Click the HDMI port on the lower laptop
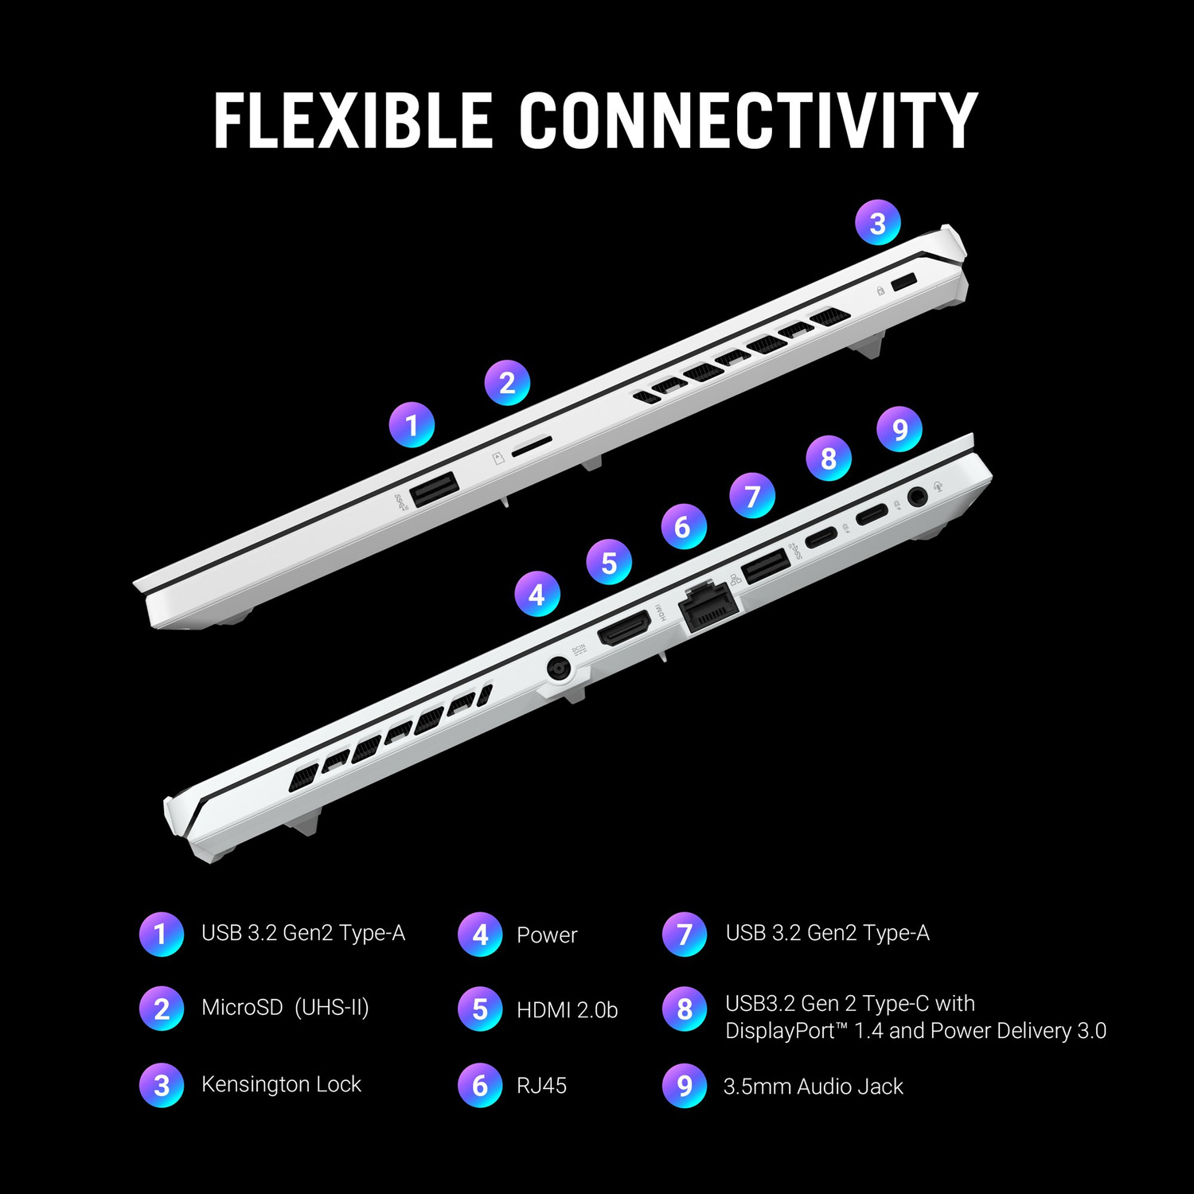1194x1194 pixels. pyautogui.click(x=624, y=628)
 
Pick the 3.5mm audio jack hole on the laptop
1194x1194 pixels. pyautogui.click(x=918, y=497)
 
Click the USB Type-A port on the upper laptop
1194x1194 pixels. pyautogui.click(x=434, y=489)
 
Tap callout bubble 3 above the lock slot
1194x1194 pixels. pyautogui.click(x=878, y=223)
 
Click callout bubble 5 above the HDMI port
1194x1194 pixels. pyautogui.click(x=609, y=562)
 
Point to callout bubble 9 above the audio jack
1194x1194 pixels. pyautogui.click(x=899, y=429)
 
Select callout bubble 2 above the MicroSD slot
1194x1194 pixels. pyautogui.click(x=507, y=383)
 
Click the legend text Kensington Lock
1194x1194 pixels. pyautogui.click(x=281, y=1084)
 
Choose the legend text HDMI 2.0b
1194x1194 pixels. pyautogui.click(x=567, y=1009)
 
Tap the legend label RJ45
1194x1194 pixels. pyautogui.click(x=541, y=1085)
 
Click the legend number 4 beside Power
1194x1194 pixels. pyautogui.click(x=480, y=935)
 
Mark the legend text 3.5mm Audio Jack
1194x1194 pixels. pyautogui.click(x=813, y=1086)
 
